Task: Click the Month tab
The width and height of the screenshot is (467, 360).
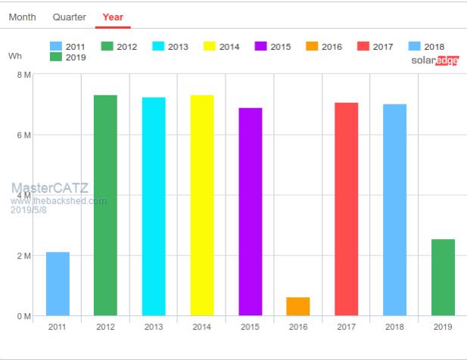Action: [23, 17]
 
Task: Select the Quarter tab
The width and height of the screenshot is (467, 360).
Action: [70, 17]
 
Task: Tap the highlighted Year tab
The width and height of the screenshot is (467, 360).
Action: [113, 17]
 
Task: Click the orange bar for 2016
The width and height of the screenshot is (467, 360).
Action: [298, 306]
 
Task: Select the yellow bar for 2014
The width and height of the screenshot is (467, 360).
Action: [202, 205]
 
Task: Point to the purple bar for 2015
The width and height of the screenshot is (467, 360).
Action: [251, 212]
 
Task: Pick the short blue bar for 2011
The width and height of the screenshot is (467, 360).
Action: [58, 284]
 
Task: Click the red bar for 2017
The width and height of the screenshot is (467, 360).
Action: [347, 209]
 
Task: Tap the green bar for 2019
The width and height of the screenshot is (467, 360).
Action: [443, 278]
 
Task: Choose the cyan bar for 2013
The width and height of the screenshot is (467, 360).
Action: [154, 206]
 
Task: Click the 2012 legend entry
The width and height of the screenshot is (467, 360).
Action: [118, 47]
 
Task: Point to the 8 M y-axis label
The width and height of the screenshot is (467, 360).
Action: [23, 75]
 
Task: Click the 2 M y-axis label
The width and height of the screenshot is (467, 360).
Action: [23, 256]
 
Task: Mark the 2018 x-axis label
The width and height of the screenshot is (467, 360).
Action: [394, 327]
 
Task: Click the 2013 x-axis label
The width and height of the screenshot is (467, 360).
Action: [154, 327]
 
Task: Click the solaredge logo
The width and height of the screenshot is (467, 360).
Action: [434, 61]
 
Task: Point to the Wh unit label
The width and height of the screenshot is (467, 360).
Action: [15, 56]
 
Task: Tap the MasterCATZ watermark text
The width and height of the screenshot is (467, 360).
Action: [49, 187]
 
